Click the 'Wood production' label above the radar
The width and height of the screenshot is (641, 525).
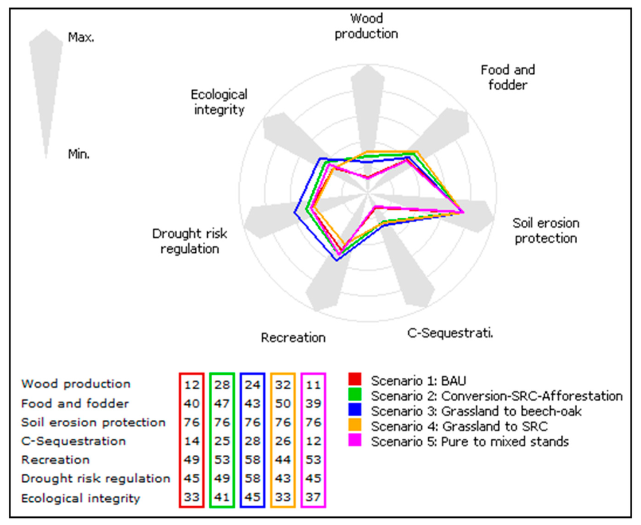tap(366, 26)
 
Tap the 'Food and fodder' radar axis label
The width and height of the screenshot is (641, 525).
tap(508, 77)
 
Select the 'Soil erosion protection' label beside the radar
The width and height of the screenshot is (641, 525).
tap(546, 230)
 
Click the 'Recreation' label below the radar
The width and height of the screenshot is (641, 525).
tap(293, 338)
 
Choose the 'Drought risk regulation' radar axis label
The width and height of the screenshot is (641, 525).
tap(190, 241)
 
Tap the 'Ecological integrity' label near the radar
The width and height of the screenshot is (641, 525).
tap(219, 102)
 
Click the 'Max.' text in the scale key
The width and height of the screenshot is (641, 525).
tap(81, 38)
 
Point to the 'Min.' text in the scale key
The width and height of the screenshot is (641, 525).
tap(79, 154)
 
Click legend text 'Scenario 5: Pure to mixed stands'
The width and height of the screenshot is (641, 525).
tap(469, 442)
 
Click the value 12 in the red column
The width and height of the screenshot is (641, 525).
tap(192, 384)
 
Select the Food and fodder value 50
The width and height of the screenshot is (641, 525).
tap(284, 403)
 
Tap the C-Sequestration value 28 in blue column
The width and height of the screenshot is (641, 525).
tap(253, 441)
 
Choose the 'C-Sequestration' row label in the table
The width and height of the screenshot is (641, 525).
tap(73, 441)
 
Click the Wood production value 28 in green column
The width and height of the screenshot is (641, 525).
tap(222, 384)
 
